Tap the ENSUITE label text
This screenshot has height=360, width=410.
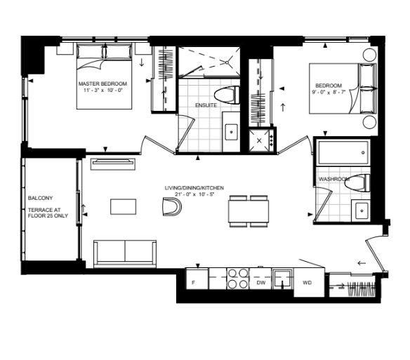pyautogui.click(x=205, y=105)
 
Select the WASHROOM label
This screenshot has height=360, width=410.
pyautogui.click(x=333, y=179)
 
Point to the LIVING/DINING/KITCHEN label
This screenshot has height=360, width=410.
pyautogui.click(x=194, y=189)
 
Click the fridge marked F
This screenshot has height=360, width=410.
pyautogui.click(x=193, y=282)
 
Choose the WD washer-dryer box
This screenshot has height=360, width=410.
pyautogui.click(x=307, y=282)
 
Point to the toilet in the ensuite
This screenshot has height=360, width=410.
pyautogui.click(x=226, y=98)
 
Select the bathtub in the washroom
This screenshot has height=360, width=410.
pyautogui.click(x=343, y=151)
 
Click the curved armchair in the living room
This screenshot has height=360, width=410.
pyautogui.click(x=171, y=208)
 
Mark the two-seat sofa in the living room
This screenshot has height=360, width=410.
pyautogui.click(x=125, y=251)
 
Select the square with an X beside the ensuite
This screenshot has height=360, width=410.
pyautogui.click(x=260, y=140)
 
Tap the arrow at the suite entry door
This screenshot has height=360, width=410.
pyautogui.click(x=362, y=263)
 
